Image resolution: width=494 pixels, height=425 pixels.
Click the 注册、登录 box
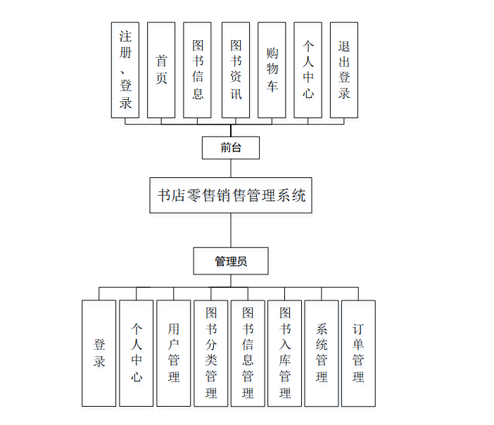[125, 70]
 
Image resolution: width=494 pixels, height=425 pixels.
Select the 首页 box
[161, 70]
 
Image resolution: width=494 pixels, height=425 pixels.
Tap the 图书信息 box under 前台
[198, 70]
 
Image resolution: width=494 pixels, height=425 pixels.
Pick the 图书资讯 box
[236, 70]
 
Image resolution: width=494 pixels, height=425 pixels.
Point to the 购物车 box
[272, 70]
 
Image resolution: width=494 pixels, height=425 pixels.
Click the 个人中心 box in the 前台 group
[308, 70]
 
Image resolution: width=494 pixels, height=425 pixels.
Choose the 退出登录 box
[344, 70]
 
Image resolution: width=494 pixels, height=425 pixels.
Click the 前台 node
[231, 148]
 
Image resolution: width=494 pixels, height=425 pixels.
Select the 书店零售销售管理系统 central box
[231, 195]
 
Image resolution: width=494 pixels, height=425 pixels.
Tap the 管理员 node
[231, 261]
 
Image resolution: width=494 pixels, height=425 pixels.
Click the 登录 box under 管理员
[99, 353]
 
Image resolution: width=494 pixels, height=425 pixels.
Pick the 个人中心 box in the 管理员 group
[137, 353]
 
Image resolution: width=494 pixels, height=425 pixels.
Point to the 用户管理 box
[174, 353]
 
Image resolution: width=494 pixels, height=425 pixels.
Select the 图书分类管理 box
[211, 353]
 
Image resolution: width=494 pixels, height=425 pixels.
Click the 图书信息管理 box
[248, 353]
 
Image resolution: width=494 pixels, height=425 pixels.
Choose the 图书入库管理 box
[285, 353]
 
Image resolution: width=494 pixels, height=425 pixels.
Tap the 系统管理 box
[322, 353]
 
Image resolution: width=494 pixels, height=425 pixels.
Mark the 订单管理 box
[358, 353]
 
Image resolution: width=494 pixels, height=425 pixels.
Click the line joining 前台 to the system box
[231, 168]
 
